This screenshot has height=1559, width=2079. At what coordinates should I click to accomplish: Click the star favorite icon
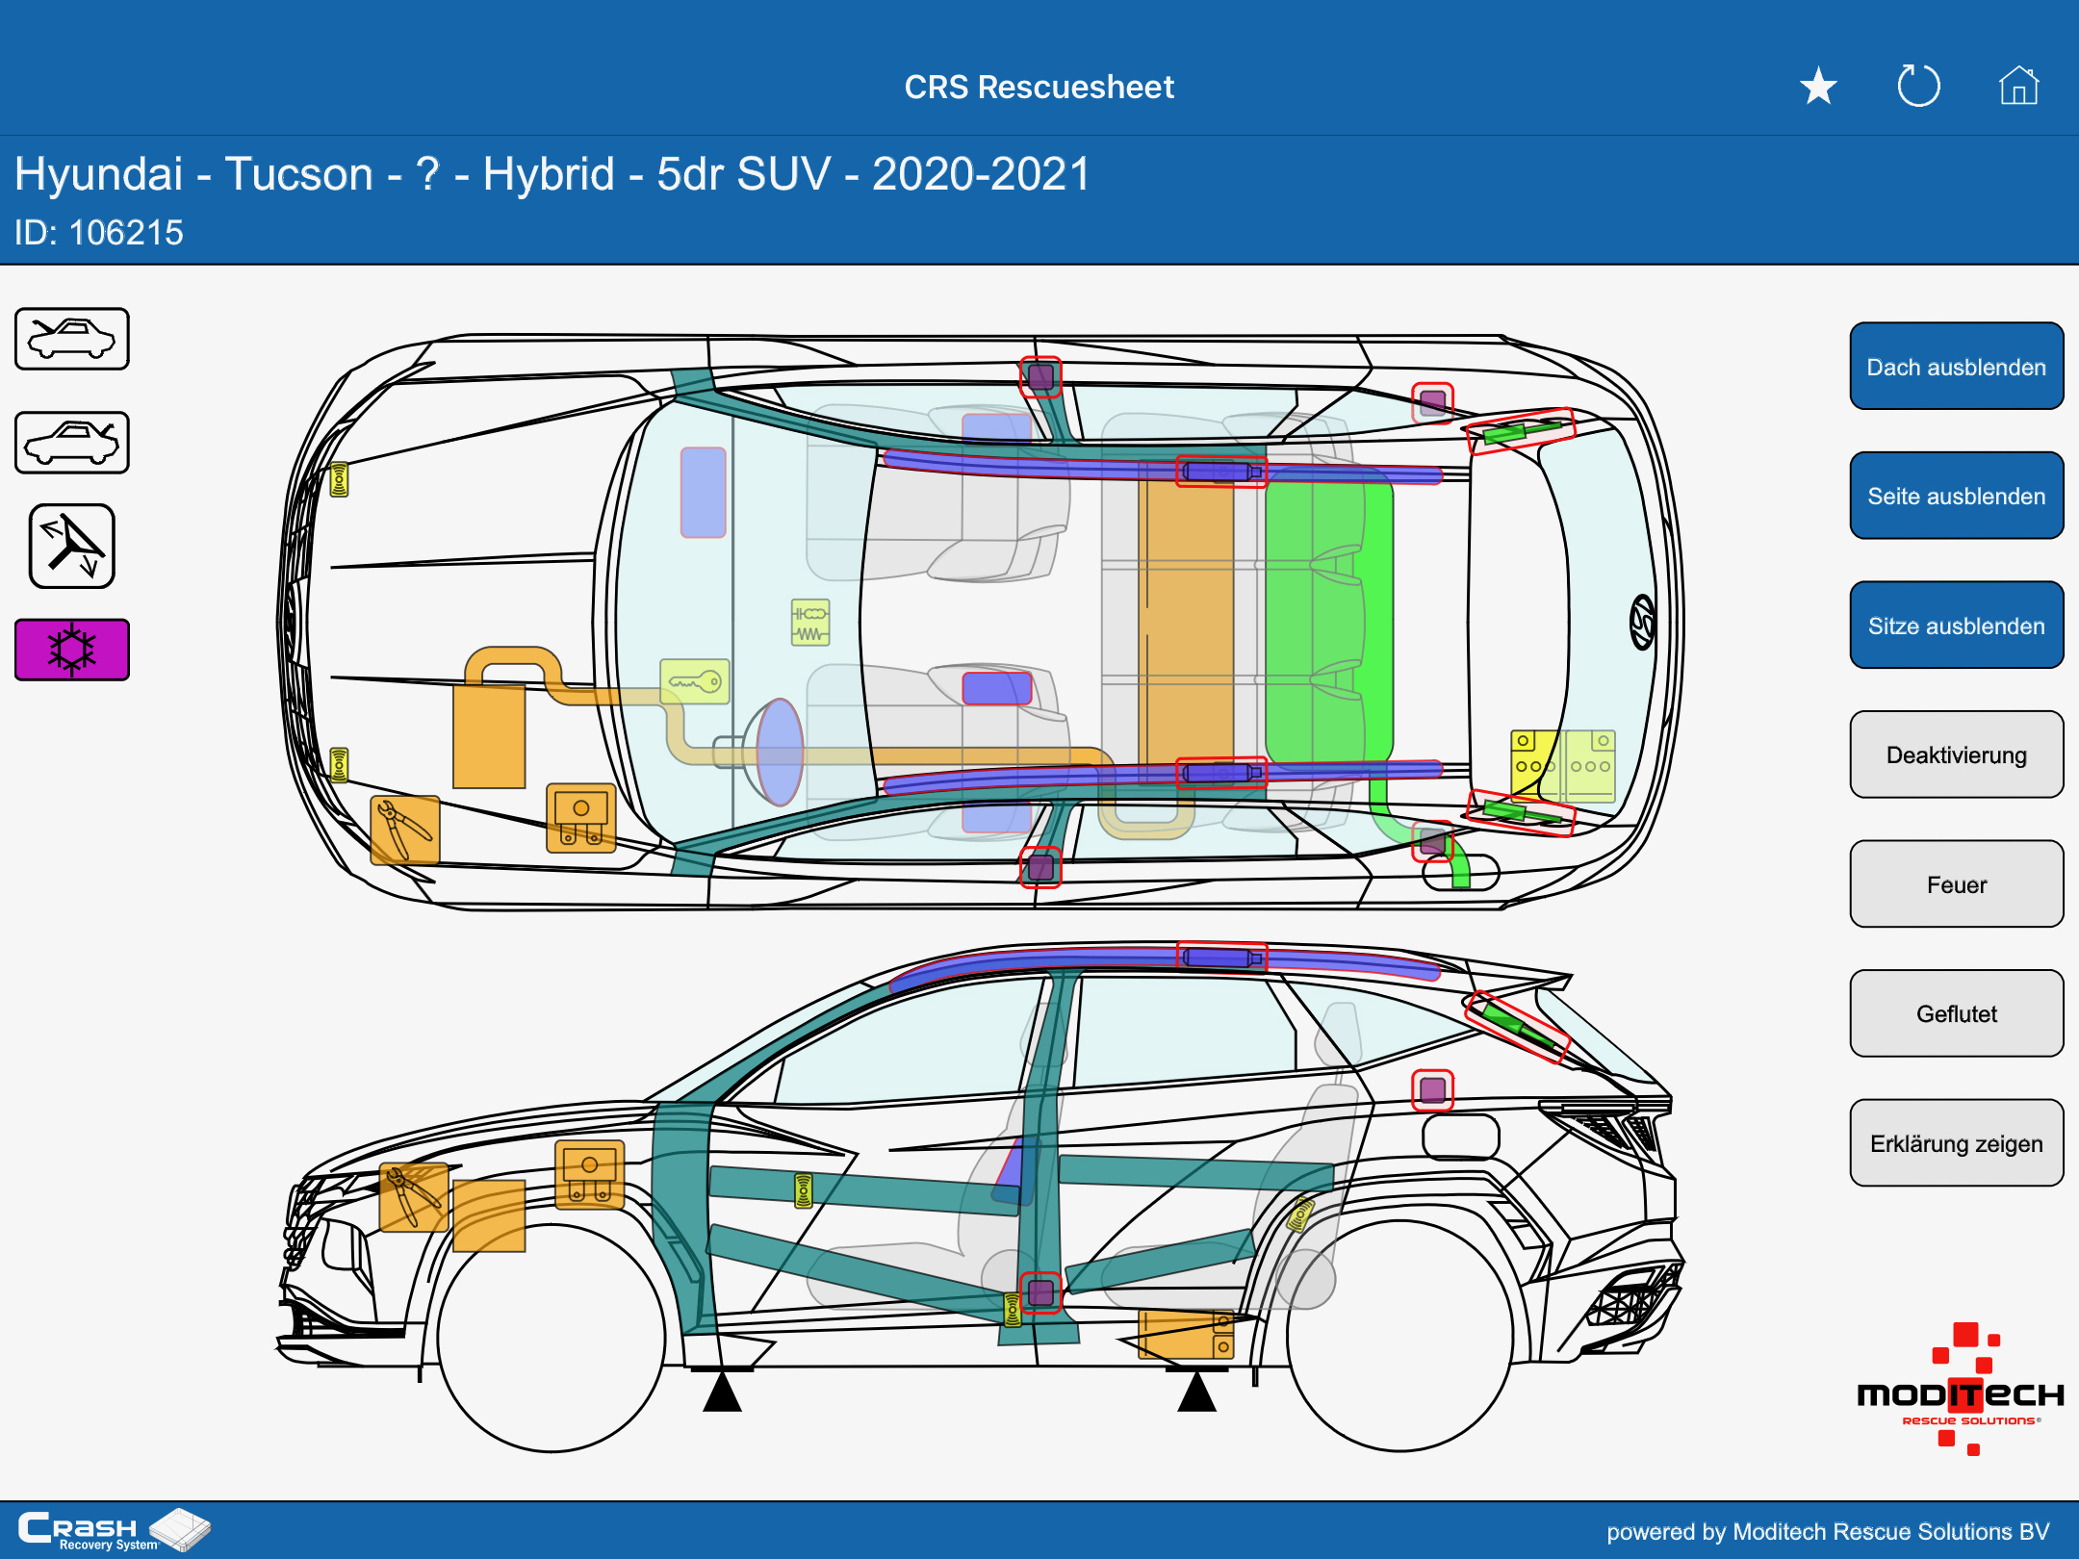click(x=1818, y=87)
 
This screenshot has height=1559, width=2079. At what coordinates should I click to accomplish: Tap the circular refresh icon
click(x=1918, y=87)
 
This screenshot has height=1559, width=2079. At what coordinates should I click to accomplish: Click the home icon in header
click(x=2018, y=87)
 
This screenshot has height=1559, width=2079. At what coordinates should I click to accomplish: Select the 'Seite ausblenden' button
click(x=1956, y=496)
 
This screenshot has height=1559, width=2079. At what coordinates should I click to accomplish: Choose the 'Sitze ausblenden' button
click(x=1956, y=626)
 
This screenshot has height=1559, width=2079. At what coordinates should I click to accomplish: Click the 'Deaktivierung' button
click(x=1956, y=754)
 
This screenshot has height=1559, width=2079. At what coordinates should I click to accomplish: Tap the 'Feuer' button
click(x=1956, y=884)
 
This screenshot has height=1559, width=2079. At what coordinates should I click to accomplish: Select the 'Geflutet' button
click(x=1956, y=1013)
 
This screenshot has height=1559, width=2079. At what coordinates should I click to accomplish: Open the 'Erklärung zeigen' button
click(x=1956, y=1143)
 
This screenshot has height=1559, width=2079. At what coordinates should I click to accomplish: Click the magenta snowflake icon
click(x=72, y=650)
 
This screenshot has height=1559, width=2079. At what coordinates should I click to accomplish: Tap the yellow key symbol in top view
click(x=695, y=681)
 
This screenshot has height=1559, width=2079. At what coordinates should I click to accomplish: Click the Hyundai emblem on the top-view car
click(x=1642, y=622)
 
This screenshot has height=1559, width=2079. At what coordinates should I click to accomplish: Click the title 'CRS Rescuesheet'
click(x=1039, y=87)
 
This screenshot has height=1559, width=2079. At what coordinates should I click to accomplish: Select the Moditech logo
click(x=1961, y=1392)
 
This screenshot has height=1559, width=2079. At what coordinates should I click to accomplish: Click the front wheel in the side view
click(x=552, y=1337)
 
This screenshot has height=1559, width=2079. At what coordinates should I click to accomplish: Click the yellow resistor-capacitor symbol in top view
click(x=810, y=623)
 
